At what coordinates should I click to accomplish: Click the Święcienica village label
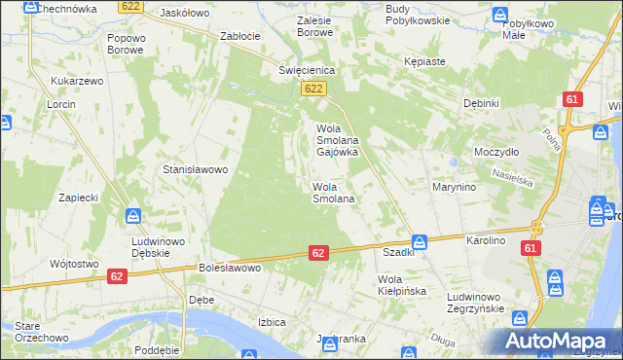(x=307, y=70)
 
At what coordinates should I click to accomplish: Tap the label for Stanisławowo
(x=195, y=169)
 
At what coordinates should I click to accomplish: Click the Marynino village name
(x=455, y=187)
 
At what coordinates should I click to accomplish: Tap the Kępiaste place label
(x=424, y=61)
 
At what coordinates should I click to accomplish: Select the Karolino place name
(x=487, y=239)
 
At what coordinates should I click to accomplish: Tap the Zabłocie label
(x=239, y=36)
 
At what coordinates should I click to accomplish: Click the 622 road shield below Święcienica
(x=311, y=90)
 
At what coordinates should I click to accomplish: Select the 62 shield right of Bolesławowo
(x=318, y=252)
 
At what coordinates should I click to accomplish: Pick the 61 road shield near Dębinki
(x=571, y=99)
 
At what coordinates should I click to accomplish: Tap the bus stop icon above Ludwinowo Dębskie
(x=135, y=216)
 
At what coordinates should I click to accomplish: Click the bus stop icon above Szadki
(x=419, y=241)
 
